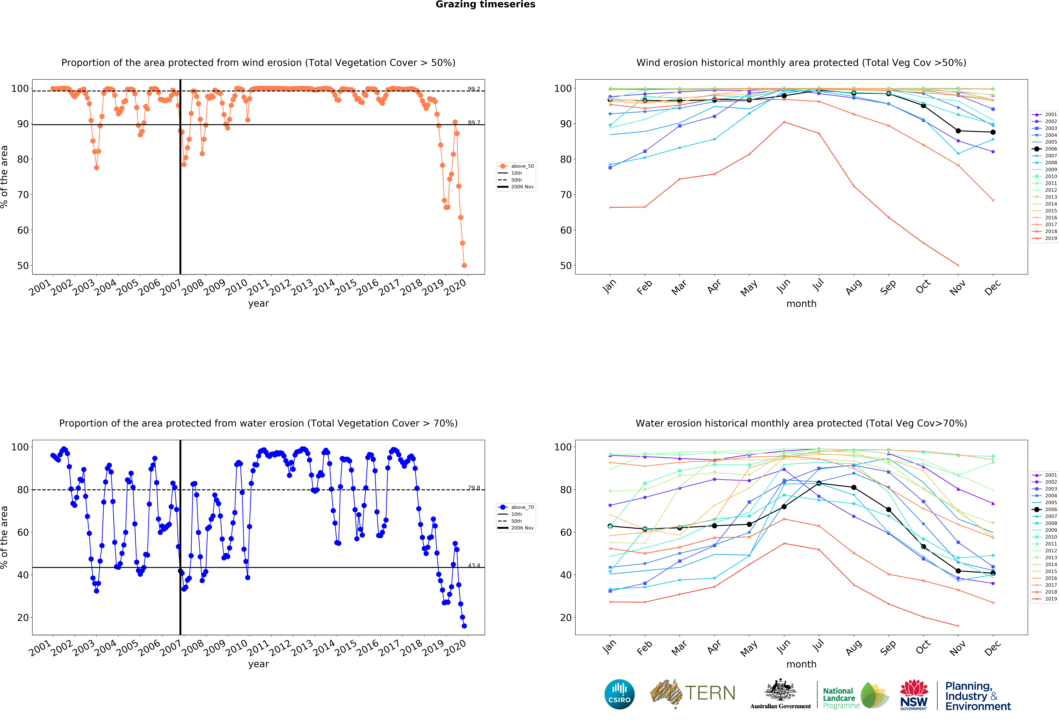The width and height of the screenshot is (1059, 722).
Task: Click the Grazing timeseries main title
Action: click(x=485, y=5)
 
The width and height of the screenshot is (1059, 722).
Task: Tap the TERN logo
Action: click(x=693, y=693)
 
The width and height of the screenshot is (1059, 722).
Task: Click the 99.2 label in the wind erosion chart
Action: click(x=474, y=89)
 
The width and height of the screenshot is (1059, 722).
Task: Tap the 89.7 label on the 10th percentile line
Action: click(x=474, y=123)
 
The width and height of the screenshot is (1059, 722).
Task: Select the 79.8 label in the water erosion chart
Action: click(x=474, y=488)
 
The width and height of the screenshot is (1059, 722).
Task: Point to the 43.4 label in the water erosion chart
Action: click(x=474, y=565)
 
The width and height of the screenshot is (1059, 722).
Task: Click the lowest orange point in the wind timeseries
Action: click(x=464, y=265)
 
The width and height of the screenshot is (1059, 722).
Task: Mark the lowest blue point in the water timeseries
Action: click(x=464, y=626)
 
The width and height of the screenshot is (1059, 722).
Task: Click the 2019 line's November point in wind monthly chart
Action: click(x=958, y=265)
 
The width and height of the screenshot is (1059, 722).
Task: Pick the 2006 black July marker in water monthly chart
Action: click(x=819, y=483)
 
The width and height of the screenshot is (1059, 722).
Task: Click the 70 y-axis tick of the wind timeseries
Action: click(x=23, y=195)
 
